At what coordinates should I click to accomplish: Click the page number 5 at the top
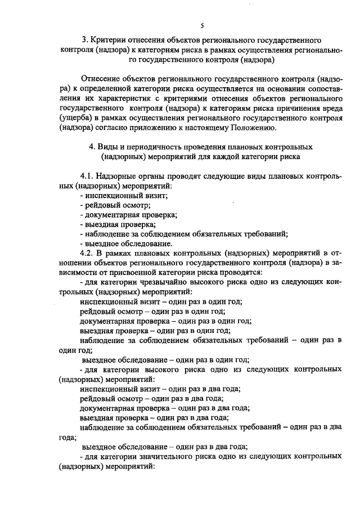click(x=201, y=25)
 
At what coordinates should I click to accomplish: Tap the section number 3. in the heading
click(x=85, y=40)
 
